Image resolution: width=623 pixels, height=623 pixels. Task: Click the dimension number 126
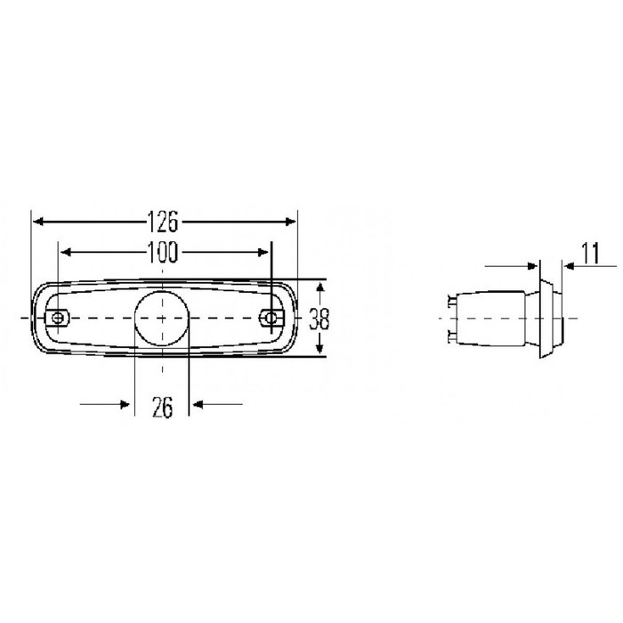tap(163, 221)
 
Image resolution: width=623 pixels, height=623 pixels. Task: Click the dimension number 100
tap(163, 252)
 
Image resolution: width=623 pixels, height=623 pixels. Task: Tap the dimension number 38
tap(319, 319)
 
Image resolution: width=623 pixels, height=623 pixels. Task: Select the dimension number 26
tap(163, 408)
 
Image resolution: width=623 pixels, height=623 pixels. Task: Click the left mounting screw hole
tap(58, 318)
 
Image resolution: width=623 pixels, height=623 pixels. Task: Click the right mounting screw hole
tap(271, 318)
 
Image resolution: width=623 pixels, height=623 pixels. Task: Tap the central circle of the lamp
tap(161, 318)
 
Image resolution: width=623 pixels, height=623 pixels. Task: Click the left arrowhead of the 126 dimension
tap(38, 222)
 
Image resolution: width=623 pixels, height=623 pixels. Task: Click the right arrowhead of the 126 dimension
tap(291, 222)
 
